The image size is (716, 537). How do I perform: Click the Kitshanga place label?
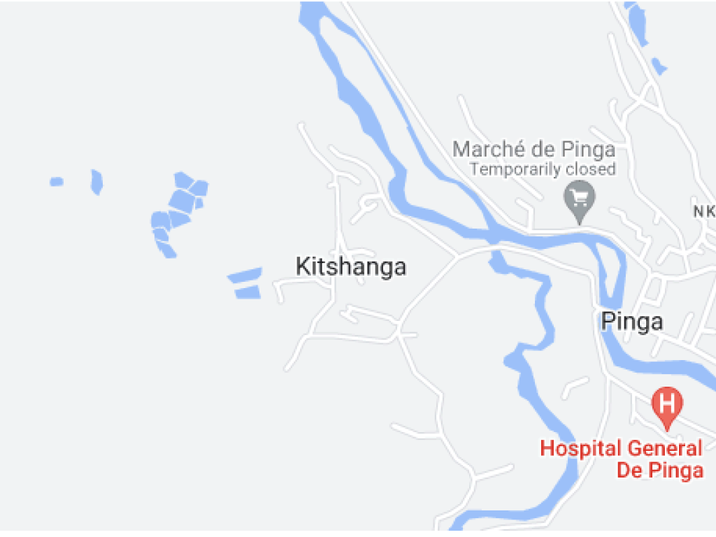(350, 266)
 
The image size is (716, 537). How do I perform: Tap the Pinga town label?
(632, 321)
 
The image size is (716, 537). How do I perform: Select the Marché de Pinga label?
(534, 149)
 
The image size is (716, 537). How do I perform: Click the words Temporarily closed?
(543, 169)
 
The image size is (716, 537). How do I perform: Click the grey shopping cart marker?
(579, 198)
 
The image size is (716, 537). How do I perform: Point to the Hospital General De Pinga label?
(622, 459)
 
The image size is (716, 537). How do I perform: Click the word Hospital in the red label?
(580, 448)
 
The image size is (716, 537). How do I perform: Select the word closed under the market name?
(594, 169)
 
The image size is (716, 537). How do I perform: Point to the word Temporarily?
(518, 169)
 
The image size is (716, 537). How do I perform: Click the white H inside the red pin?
(667, 403)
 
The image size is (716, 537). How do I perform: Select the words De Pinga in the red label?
(659, 470)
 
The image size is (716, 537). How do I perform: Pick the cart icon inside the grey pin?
(579, 196)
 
